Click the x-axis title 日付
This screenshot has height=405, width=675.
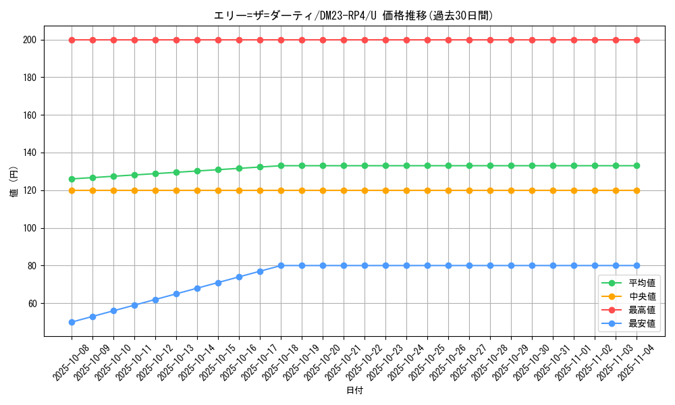pyautogui.click(x=354, y=391)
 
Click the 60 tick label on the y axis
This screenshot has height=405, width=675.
pyautogui.click(x=34, y=304)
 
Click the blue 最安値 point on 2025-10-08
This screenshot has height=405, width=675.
pyautogui.click(x=72, y=322)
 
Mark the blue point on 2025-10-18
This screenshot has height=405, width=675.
pyautogui.click(x=281, y=266)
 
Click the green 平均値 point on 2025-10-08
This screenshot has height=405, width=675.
pyautogui.click(x=72, y=179)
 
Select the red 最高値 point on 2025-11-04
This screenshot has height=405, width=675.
pyautogui.click(x=637, y=40)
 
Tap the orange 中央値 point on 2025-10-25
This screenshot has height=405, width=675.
pyautogui.click(x=427, y=190)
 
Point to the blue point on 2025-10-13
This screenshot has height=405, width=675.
pyautogui.click(x=176, y=294)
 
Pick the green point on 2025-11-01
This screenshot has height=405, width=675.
pyautogui.click(x=574, y=165)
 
